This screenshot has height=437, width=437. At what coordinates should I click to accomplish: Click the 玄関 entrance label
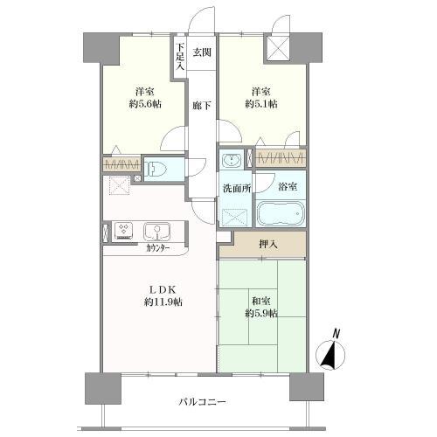pos(202,52)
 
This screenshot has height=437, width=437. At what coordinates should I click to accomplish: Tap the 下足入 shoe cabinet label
pos(180,57)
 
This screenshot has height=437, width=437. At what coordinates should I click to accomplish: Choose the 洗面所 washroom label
pos(235,186)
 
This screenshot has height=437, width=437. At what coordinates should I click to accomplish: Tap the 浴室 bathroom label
pos(288,186)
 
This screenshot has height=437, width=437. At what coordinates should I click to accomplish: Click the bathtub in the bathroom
pos(279,215)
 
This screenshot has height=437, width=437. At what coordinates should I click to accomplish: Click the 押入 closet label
pos(268,246)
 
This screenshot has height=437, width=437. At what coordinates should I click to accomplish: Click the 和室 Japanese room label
pos(260,300)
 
